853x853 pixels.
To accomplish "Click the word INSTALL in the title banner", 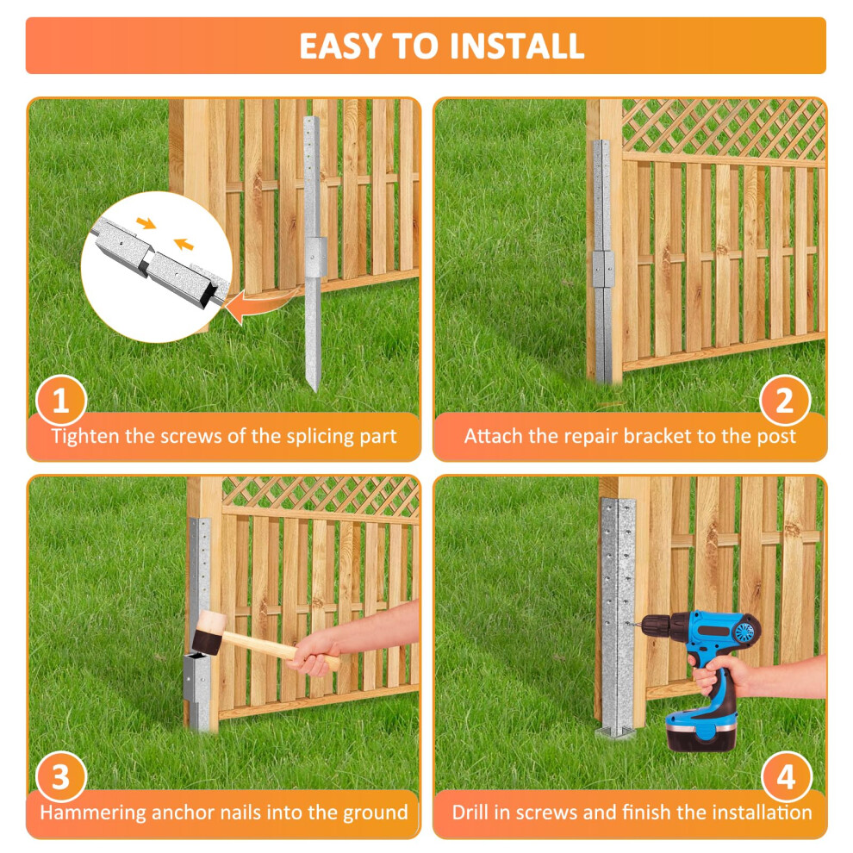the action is tap(517, 46).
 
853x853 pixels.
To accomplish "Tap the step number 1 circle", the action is tap(61, 401).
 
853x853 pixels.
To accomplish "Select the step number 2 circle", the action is tap(784, 401).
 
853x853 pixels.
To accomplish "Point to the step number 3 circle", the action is tap(61, 777).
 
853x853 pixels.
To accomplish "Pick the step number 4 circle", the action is tap(787, 777).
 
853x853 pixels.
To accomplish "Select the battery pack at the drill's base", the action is tap(699, 732).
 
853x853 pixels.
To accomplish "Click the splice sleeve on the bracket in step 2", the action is tap(603, 269).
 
